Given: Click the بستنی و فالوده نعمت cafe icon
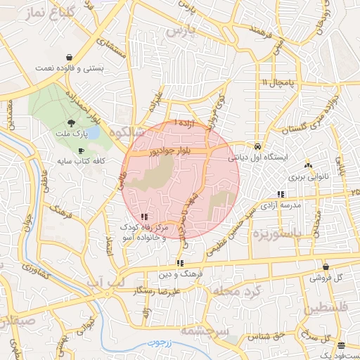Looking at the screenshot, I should tap(68, 58).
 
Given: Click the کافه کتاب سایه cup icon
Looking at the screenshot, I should tap(82, 150).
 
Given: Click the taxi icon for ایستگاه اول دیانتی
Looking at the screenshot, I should tap(259, 146).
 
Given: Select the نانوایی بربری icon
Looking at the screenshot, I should tap(308, 167).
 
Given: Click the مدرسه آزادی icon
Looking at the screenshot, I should tap(281, 194).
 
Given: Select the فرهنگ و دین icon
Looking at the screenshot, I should tap(180, 264).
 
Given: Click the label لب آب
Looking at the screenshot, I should tap(103, 281).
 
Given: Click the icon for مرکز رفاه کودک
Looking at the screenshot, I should tap(144, 217).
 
